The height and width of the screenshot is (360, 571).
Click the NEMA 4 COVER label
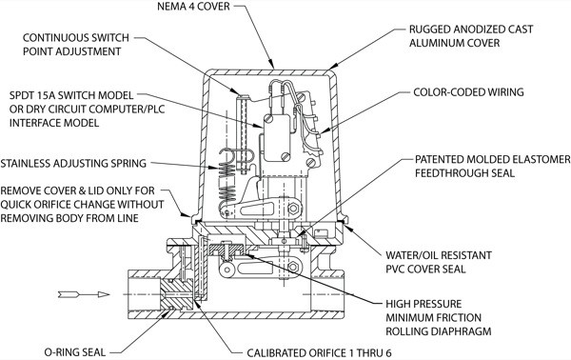[193, 7]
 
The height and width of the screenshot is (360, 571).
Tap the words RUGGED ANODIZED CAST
[471, 30]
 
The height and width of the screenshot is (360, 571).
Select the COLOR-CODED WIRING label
[468, 92]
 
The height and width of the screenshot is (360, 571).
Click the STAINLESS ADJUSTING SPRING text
[73, 163]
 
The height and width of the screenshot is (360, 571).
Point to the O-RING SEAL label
[75, 352]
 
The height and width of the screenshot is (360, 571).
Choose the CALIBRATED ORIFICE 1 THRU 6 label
[319, 352]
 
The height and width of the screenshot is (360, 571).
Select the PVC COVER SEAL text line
[425, 270]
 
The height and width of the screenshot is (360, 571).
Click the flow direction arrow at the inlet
[84, 294]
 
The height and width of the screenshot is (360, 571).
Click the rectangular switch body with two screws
[277, 138]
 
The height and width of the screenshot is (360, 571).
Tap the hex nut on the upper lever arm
[293, 209]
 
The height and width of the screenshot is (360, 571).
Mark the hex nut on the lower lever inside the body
[293, 267]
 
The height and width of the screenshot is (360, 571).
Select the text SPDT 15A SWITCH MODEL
[71, 95]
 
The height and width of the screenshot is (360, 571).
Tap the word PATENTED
[440, 160]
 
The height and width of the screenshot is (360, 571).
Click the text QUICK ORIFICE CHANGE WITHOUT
[82, 205]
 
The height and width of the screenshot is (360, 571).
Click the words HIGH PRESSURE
[423, 304]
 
